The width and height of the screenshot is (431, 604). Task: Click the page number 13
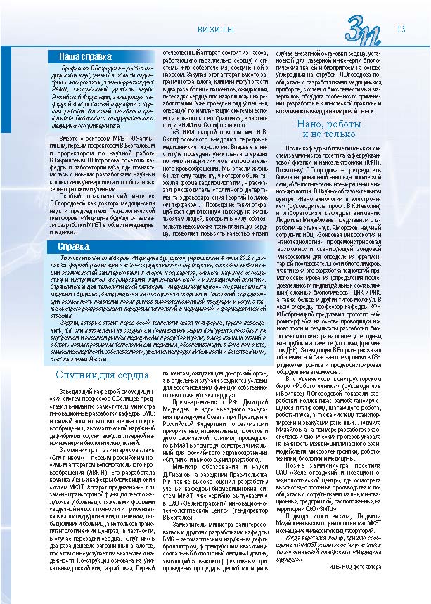pyautogui.click(x=401, y=29)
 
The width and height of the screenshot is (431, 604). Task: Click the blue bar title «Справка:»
pyautogui.click(x=74, y=248)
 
